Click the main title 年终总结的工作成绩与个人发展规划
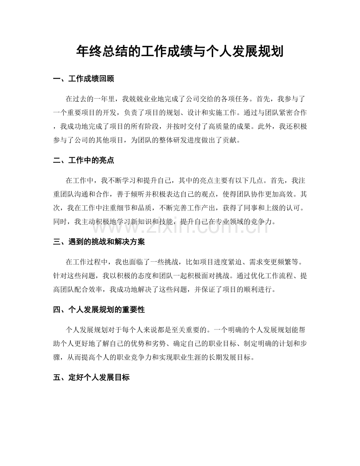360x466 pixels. (x=180, y=51)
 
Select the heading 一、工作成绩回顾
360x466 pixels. (x=83, y=79)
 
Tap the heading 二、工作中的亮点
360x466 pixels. (x=83, y=160)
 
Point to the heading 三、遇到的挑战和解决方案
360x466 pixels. (x=99, y=242)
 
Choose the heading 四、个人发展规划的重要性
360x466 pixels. (x=99, y=310)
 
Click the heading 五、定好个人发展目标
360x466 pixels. (x=91, y=378)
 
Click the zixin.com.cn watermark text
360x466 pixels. (x=180, y=226)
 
